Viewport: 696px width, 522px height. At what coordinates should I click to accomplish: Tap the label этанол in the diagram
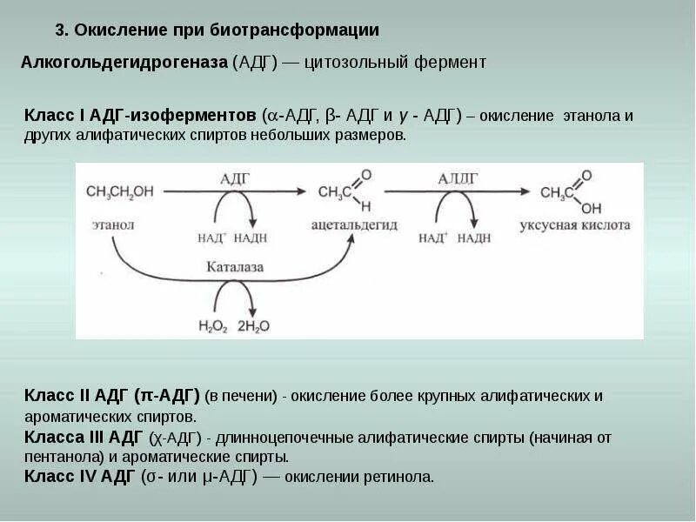(x=112, y=224)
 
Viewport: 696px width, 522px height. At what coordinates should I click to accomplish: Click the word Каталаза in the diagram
(x=234, y=267)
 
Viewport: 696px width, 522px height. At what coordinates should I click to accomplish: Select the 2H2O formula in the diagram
(x=253, y=325)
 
